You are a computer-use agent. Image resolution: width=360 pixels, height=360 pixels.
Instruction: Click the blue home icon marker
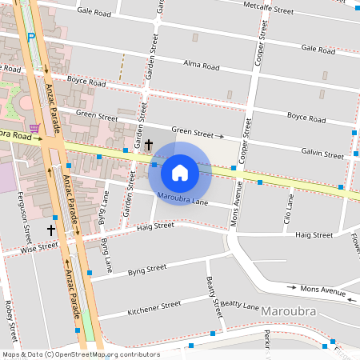[x=180, y=172]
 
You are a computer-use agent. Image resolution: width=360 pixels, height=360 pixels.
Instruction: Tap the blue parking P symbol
[x=31, y=37]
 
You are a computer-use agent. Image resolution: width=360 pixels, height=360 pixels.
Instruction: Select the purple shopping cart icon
[x=34, y=127]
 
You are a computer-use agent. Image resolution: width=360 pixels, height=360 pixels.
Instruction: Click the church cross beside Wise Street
[x=51, y=230]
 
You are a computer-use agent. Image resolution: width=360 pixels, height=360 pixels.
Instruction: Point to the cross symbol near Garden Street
[x=149, y=145]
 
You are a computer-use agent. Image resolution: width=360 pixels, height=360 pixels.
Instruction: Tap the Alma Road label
[x=201, y=66]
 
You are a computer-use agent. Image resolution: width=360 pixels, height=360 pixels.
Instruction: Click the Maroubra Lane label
[x=183, y=198]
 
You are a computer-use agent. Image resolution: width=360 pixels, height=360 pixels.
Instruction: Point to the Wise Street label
[x=40, y=247]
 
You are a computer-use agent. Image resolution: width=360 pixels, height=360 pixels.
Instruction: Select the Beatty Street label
[x=212, y=297]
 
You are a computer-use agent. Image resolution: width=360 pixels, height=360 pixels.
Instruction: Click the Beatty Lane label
[x=240, y=306]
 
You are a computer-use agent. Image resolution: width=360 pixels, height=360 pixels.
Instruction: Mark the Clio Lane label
[x=289, y=211]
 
